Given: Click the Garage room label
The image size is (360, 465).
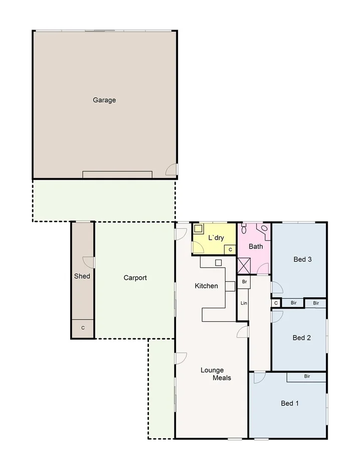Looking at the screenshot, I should [104, 100].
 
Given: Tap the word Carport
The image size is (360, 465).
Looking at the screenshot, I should [135, 278].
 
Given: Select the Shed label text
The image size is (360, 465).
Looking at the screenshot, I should [82, 276].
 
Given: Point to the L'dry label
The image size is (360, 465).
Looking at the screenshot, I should [216, 238].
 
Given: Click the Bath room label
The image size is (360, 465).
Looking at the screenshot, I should [256, 247].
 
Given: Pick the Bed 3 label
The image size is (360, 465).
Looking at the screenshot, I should [303, 260].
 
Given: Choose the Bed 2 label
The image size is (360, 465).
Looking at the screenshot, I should [302, 338].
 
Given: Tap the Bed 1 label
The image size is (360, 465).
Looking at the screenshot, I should [290, 403].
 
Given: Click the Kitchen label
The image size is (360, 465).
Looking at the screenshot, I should [207, 286].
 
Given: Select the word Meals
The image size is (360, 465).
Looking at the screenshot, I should [222, 378].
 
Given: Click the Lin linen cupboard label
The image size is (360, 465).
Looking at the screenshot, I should [244, 304].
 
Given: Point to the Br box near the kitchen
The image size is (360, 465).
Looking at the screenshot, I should [244, 282].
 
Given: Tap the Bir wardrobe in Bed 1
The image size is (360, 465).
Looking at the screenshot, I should [306, 376].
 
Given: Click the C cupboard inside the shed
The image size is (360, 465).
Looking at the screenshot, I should [83, 328].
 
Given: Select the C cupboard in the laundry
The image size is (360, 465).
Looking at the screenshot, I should [230, 249].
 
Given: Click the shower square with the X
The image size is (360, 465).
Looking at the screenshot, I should [244, 265].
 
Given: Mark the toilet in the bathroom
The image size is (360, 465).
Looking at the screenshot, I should [244, 228].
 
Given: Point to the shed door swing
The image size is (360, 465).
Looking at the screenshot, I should [89, 262].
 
